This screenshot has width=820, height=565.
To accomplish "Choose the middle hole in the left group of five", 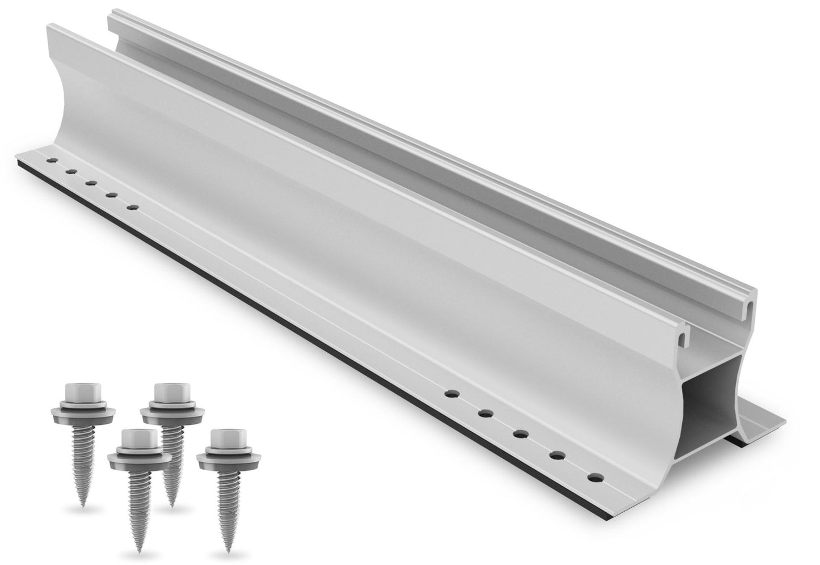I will [91, 183].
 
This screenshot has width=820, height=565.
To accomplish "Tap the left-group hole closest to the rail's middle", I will [133, 207].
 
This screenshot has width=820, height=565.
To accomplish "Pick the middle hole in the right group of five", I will [520, 435].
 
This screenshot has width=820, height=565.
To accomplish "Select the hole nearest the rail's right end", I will [594, 478].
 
